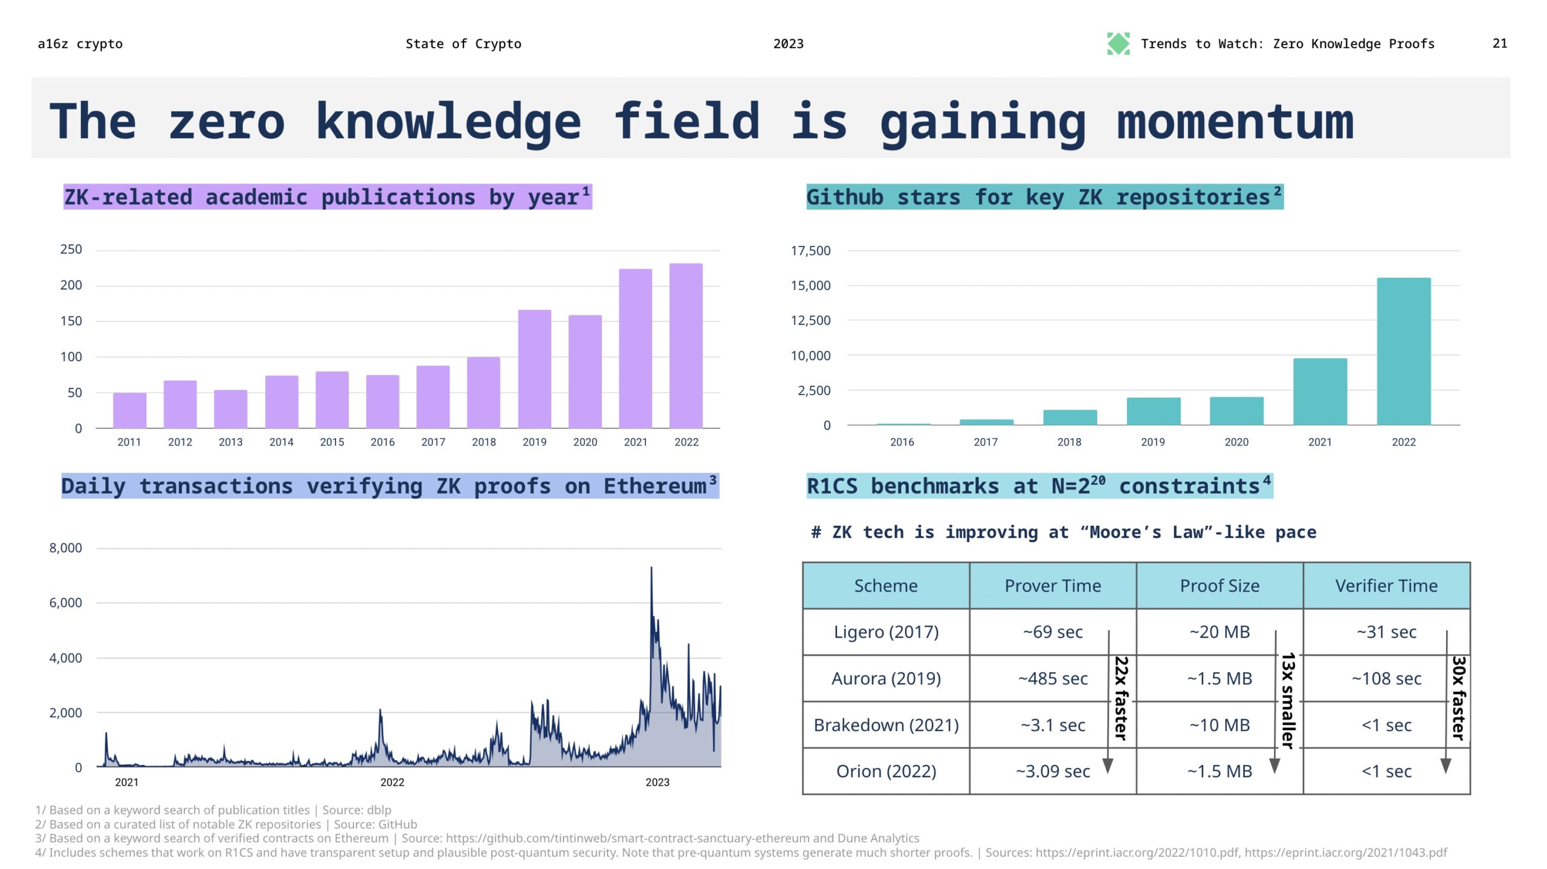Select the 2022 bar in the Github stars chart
1403,351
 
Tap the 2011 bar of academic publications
129,410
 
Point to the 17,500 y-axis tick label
810,251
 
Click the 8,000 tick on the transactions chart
65,548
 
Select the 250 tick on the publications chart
71,250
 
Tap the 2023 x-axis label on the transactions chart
657,782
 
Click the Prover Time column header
1053,586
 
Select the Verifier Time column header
1386,586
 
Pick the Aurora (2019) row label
886,678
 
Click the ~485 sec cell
1053,678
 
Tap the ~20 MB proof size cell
1219,632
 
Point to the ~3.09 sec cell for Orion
1053,771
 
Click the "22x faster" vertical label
1122,698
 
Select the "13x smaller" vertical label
1288,700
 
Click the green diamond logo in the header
1118,44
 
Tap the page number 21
1499,44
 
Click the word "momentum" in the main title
1235,121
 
